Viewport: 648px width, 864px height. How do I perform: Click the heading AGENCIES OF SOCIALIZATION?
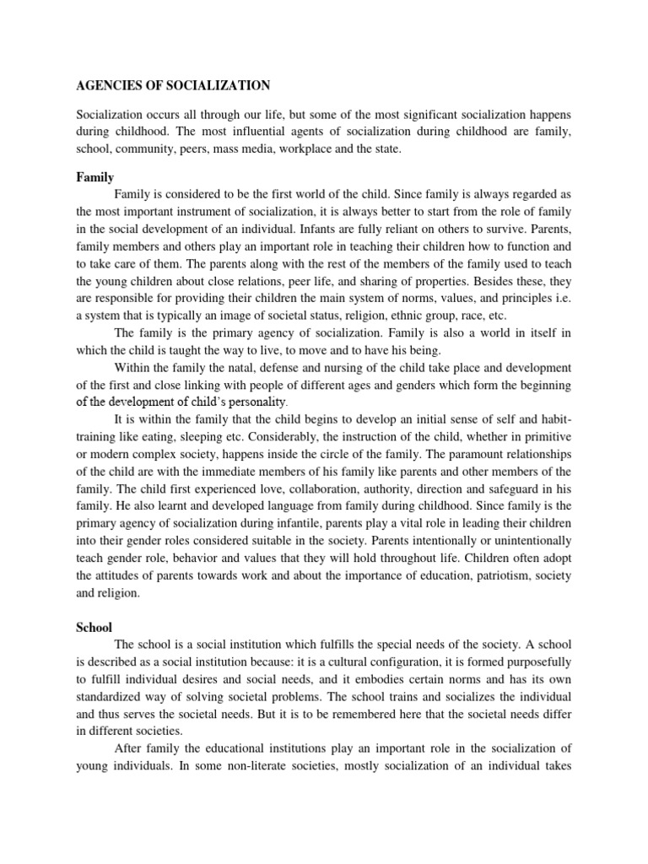(x=174, y=85)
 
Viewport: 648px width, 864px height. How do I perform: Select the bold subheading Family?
(x=94, y=179)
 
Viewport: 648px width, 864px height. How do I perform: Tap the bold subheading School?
(x=94, y=628)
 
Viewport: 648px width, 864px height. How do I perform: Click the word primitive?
(x=545, y=435)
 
